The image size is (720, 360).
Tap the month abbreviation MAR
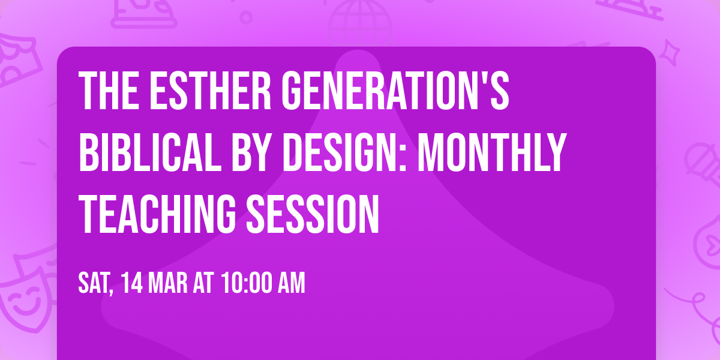(170, 283)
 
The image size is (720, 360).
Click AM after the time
(291, 283)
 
